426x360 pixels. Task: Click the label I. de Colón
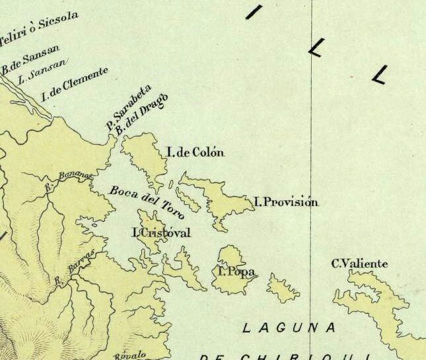195,153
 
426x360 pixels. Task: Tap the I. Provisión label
286,202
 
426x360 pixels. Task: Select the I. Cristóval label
161,233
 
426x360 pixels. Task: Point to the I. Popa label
236,271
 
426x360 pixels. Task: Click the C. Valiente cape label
359,264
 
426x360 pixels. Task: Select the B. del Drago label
141,114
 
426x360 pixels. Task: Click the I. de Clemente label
74,84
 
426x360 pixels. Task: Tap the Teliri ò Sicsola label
40,26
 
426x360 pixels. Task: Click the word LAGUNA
289,328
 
